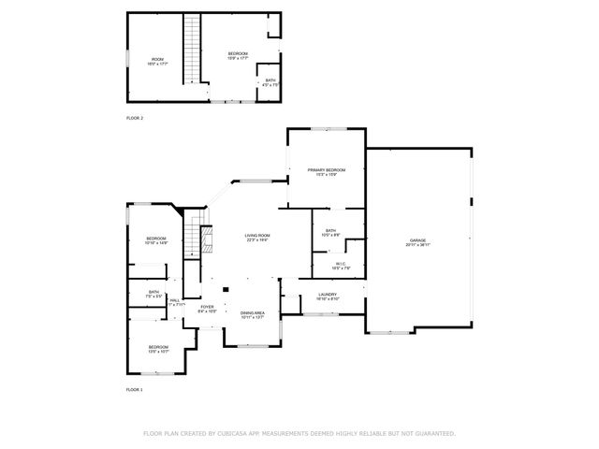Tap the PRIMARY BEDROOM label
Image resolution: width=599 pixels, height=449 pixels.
tap(326, 170)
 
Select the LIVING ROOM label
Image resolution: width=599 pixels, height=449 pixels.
tap(256, 236)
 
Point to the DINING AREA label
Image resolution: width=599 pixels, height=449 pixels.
tap(253, 313)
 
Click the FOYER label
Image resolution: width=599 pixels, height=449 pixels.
tap(207, 307)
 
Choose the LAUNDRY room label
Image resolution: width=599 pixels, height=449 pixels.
tap(327, 296)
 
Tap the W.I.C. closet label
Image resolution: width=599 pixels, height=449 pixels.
tap(343, 265)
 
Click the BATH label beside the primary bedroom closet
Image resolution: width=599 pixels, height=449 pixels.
tap(330, 231)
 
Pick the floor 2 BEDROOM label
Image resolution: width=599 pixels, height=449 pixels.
tap(238, 54)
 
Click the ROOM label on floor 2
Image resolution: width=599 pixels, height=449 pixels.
tap(156, 60)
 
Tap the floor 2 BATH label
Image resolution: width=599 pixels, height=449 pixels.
tap(270, 80)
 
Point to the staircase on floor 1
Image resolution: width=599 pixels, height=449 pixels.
tap(196, 234)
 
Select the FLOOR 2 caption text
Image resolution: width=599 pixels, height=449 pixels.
tap(135, 118)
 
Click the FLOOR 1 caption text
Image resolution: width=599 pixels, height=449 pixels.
tap(135, 388)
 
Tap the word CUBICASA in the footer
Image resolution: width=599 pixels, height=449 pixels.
tap(232, 434)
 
